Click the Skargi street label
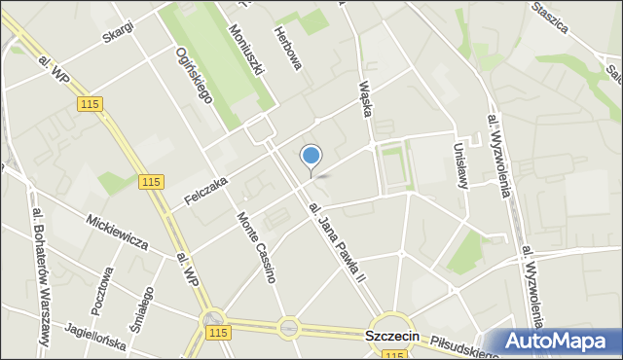[x=117, y=32]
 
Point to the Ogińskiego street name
[x=192, y=72]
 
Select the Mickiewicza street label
[x=116, y=229]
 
